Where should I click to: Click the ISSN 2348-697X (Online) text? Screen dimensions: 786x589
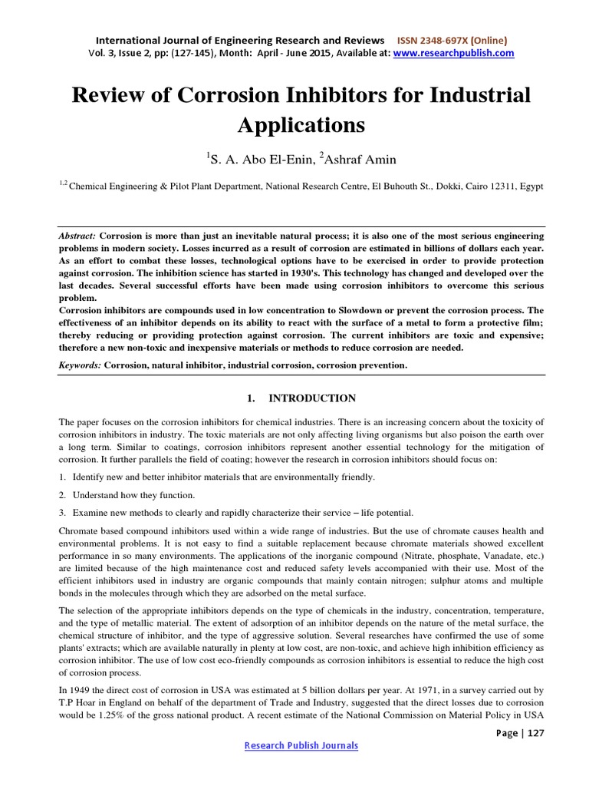(451, 40)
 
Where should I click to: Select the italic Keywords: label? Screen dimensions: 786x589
(81, 365)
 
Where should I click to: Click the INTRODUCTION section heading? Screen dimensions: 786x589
(311, 398)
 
